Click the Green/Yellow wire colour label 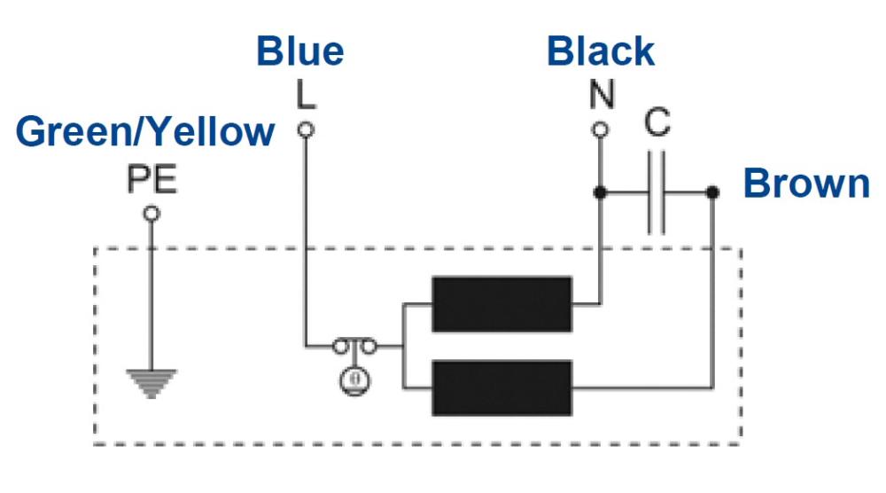point(145,132)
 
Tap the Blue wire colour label point(299,51)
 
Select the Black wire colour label point(601,51)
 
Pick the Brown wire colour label point(806,184)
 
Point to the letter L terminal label point(305,96)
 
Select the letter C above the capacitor point(657,123)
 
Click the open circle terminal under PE point(152,214)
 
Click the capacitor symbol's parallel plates point(657,192)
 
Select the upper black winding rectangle point(501,304)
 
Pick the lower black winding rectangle point(501,387)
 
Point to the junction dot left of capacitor point(601,192)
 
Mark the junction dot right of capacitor point(712,192)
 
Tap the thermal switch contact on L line point(354,346)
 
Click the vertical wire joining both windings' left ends point(402,346)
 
